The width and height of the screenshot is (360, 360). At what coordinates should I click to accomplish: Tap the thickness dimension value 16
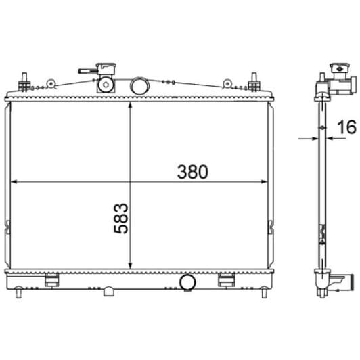(346, 127)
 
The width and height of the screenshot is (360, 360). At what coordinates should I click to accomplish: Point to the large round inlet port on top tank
(138, 85)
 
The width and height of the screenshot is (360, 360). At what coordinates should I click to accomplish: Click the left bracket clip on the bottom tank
(52, 280)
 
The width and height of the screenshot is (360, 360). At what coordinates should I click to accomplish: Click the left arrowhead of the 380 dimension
(16, 181)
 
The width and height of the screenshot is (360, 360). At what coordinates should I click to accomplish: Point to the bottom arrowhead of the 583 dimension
(130, 265)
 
